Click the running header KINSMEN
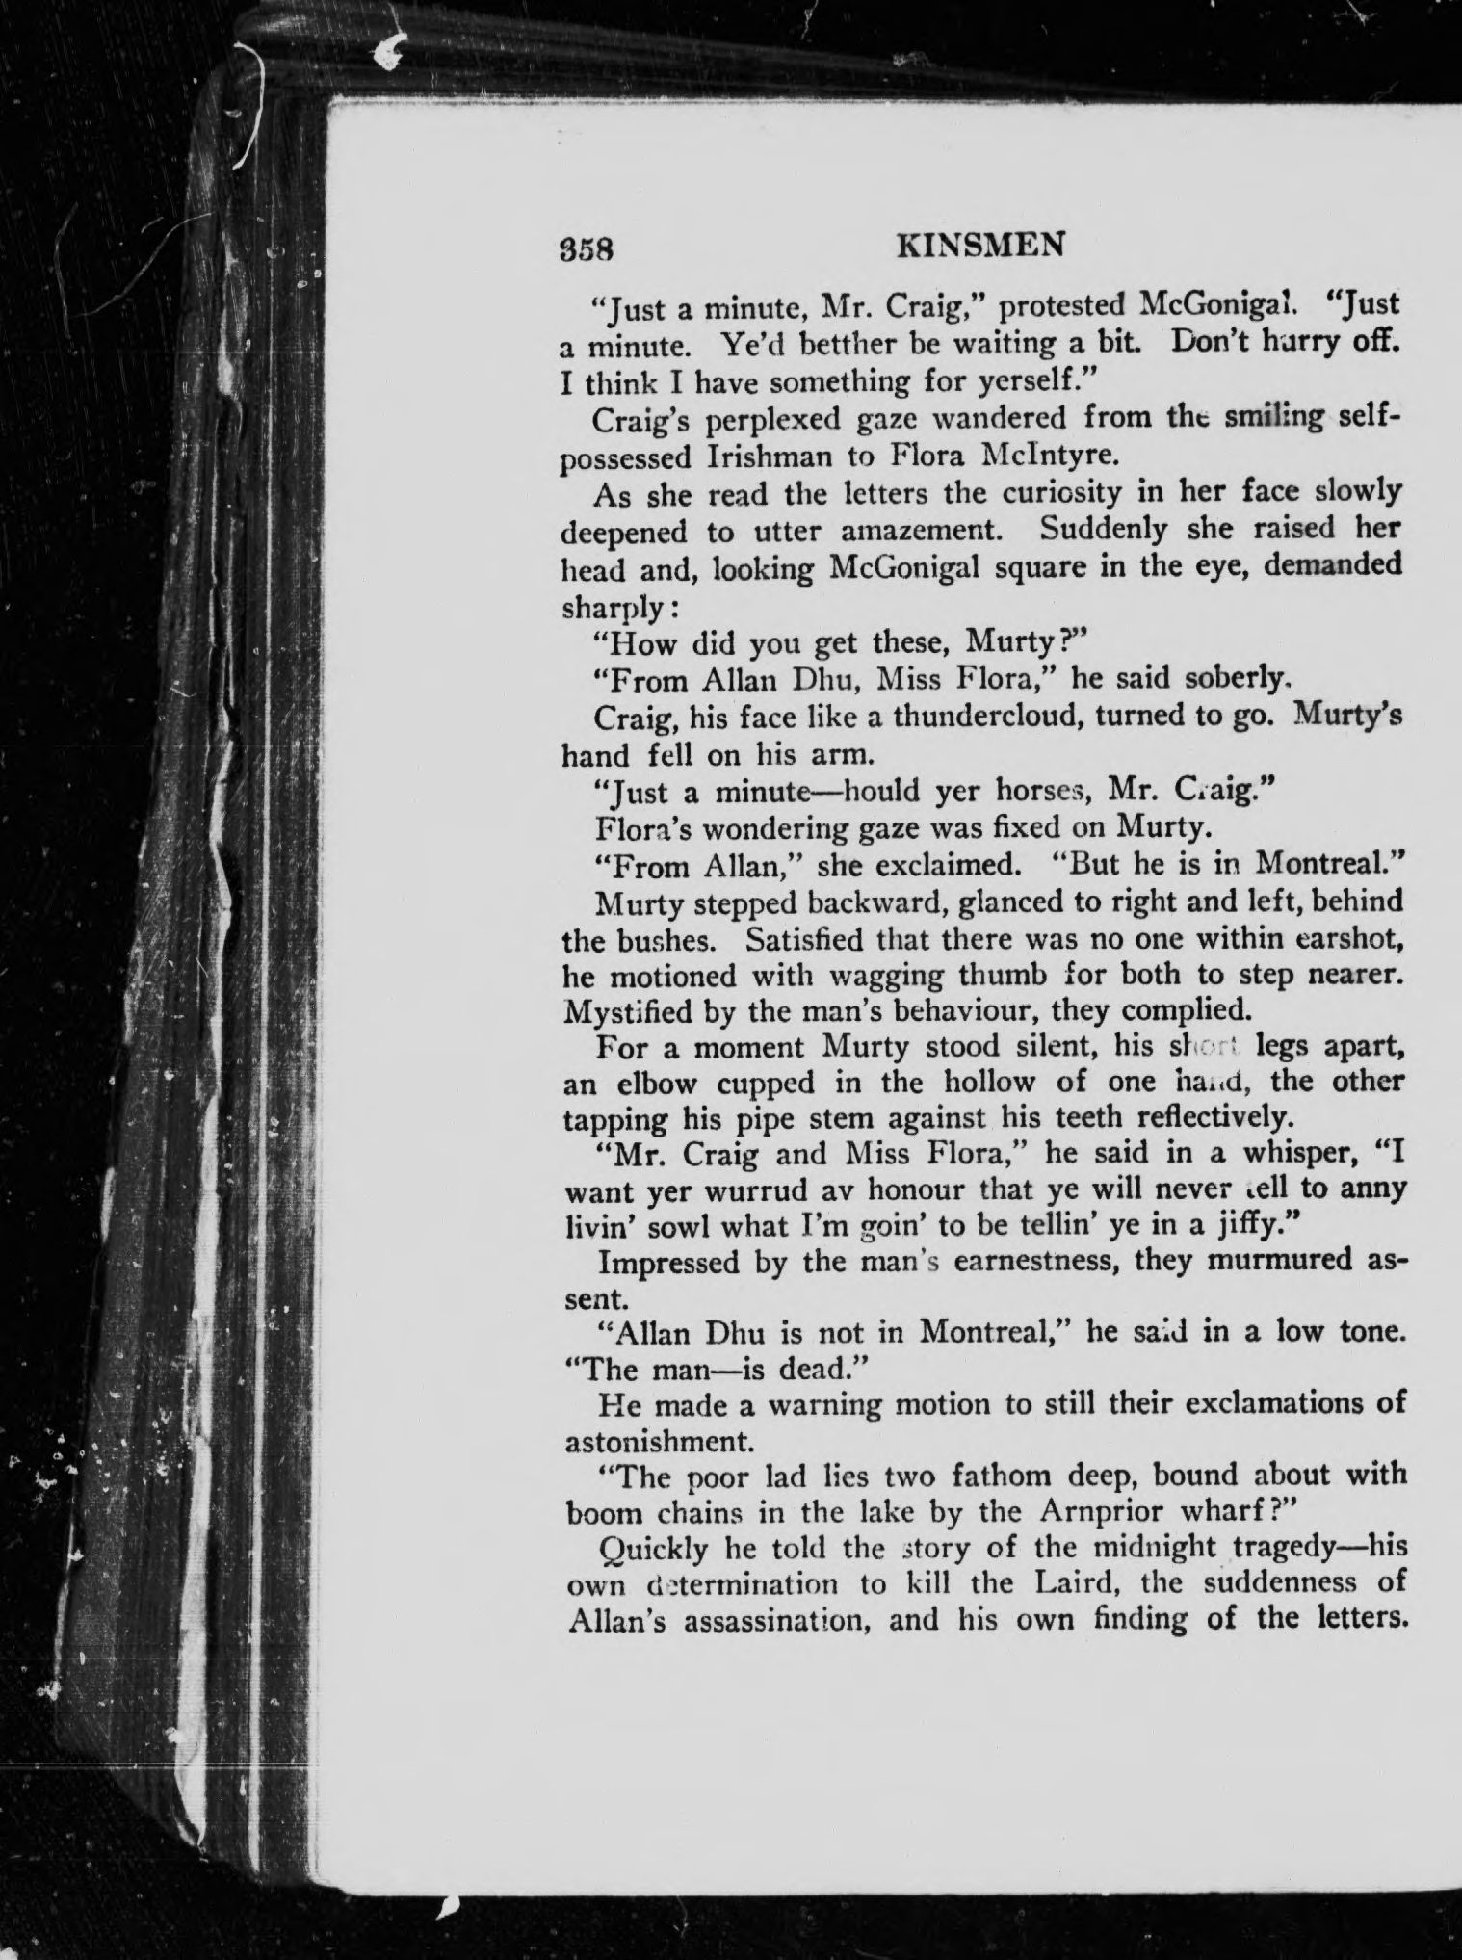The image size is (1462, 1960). [980, 246]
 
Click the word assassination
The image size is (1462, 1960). [780, 1620]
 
